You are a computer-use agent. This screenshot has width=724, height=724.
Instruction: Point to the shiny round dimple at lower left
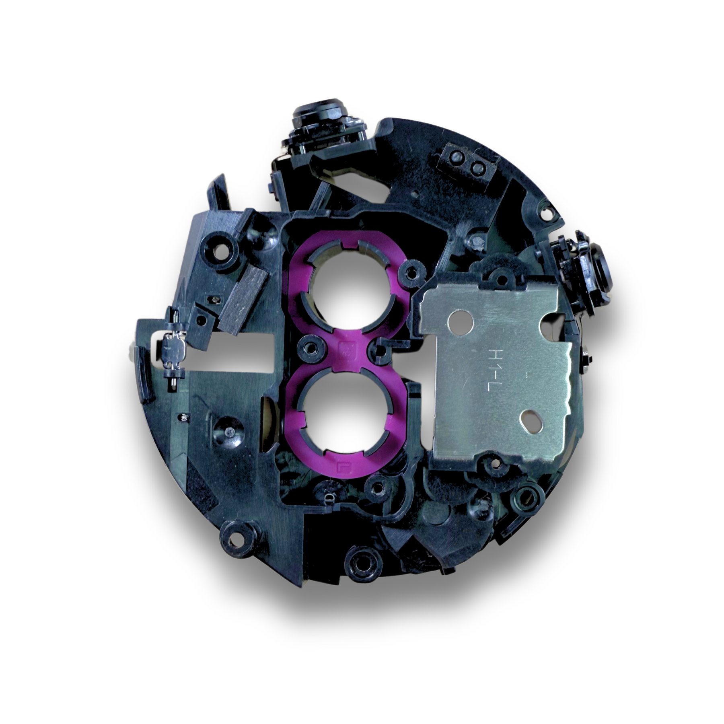coord(229,432)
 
